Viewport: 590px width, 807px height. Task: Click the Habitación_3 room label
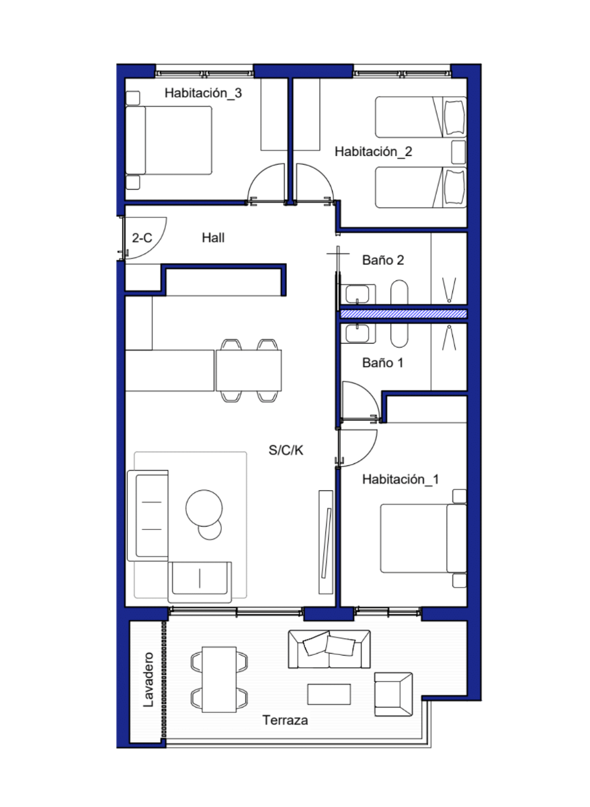[x=203, y=93]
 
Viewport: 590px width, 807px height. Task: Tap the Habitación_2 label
[x=373, y=151]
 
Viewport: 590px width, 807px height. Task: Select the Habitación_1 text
[x=401, y=479]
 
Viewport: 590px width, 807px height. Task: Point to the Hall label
[x=213, y=238]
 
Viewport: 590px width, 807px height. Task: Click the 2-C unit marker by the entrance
[x=142, y=238]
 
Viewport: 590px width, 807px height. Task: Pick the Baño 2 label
[x=383, y=260]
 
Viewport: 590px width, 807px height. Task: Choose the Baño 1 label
[x=382, y=362]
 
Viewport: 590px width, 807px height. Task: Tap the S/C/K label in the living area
[x=286, y=450]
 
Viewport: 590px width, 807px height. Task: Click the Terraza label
[x=285, y=720]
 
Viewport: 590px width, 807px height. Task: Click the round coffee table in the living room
[x=204, y=508]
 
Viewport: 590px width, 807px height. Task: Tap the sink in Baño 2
[x=357, y=294]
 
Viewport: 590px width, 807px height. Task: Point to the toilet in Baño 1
[x=399, y=336]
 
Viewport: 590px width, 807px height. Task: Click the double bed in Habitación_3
[x=169, y=141]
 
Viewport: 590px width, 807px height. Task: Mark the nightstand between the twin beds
[x=458, y=152]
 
